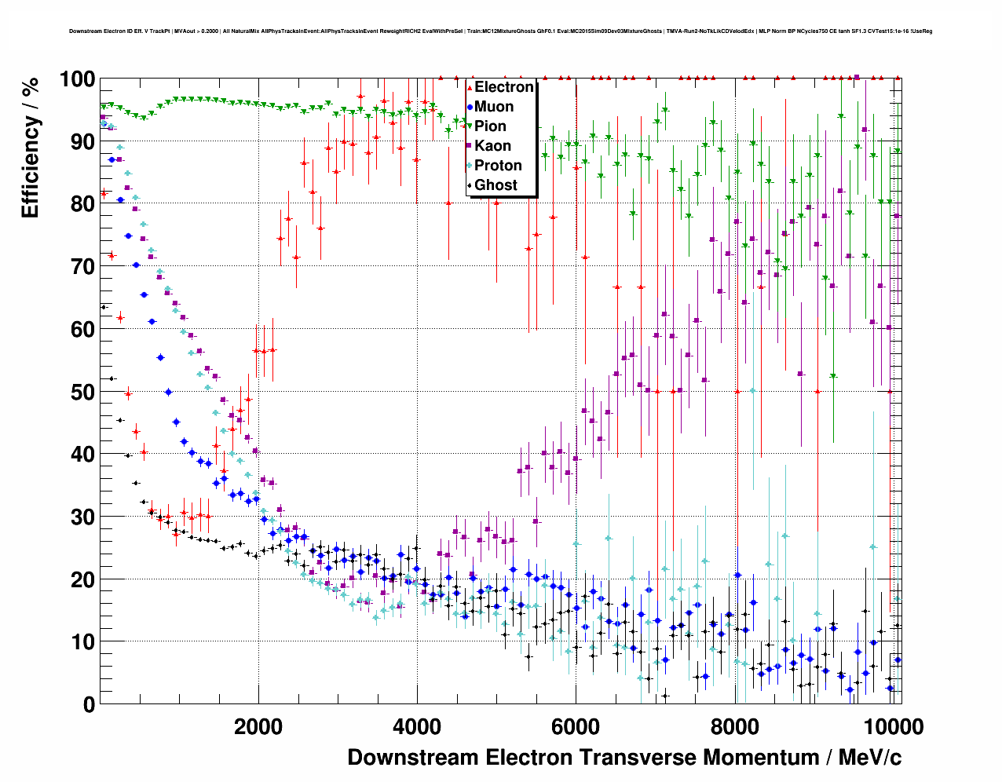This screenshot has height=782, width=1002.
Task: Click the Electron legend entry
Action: (503, 87)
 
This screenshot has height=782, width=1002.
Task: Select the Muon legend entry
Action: (494, 107)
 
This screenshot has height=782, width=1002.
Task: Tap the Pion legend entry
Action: (490, 126)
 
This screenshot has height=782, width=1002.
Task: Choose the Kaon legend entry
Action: (492, 146)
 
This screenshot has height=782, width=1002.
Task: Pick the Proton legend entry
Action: (498, 166)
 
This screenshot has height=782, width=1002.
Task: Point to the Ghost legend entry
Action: (496, 185)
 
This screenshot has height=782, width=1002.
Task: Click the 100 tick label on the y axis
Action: (77, 79)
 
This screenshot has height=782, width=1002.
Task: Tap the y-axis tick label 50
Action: (82, 392)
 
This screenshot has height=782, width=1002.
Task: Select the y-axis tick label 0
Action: (89, 704)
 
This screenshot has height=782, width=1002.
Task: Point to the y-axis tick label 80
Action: (82, 204)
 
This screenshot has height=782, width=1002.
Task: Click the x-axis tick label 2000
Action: (258, 727)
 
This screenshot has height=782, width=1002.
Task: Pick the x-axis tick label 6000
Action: (576, 727)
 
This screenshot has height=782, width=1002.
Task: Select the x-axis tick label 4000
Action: (417, 727)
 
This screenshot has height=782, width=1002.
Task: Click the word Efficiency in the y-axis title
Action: (30, 166)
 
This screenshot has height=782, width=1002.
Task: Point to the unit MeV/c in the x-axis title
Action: (870, 758)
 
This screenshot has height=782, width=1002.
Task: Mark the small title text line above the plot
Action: (500, 31)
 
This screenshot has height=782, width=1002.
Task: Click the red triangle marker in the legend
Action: (470, 87)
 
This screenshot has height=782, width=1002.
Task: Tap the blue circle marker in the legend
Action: (470, 107)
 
